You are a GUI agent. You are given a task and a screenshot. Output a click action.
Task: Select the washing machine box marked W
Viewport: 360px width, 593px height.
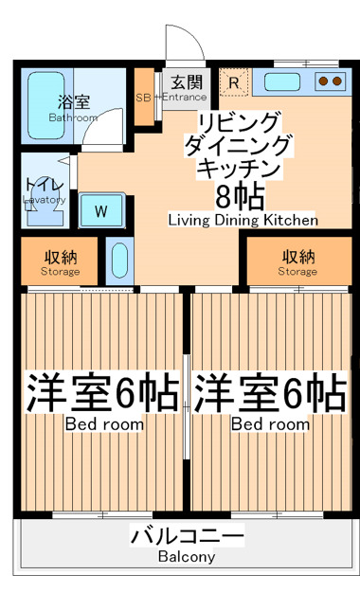click(x=99, y=209)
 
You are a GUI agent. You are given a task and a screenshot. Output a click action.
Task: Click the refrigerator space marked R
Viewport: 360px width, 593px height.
click(x=234, y=81)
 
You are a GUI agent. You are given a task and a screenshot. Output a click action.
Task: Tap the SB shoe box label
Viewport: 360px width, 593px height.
click(x=143, y=98)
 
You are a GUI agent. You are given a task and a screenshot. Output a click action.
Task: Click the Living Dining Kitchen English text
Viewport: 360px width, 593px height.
click(x=243, y=220)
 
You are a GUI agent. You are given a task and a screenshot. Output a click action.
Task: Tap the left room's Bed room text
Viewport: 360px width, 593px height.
click(x=104, y=424)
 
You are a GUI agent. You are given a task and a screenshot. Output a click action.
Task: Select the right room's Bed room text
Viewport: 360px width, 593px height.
click(x=270, y=424)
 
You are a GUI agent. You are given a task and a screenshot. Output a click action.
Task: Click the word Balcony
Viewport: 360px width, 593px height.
click(x=187, y=557)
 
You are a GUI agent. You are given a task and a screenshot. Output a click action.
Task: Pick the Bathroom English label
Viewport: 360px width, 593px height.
click(x=73, y=117)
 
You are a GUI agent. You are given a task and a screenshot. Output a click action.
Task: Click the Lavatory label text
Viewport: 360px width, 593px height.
click(x=45, y=200)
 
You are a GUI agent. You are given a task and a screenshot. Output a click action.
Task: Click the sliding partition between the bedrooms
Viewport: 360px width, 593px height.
click(x=188, y=403)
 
